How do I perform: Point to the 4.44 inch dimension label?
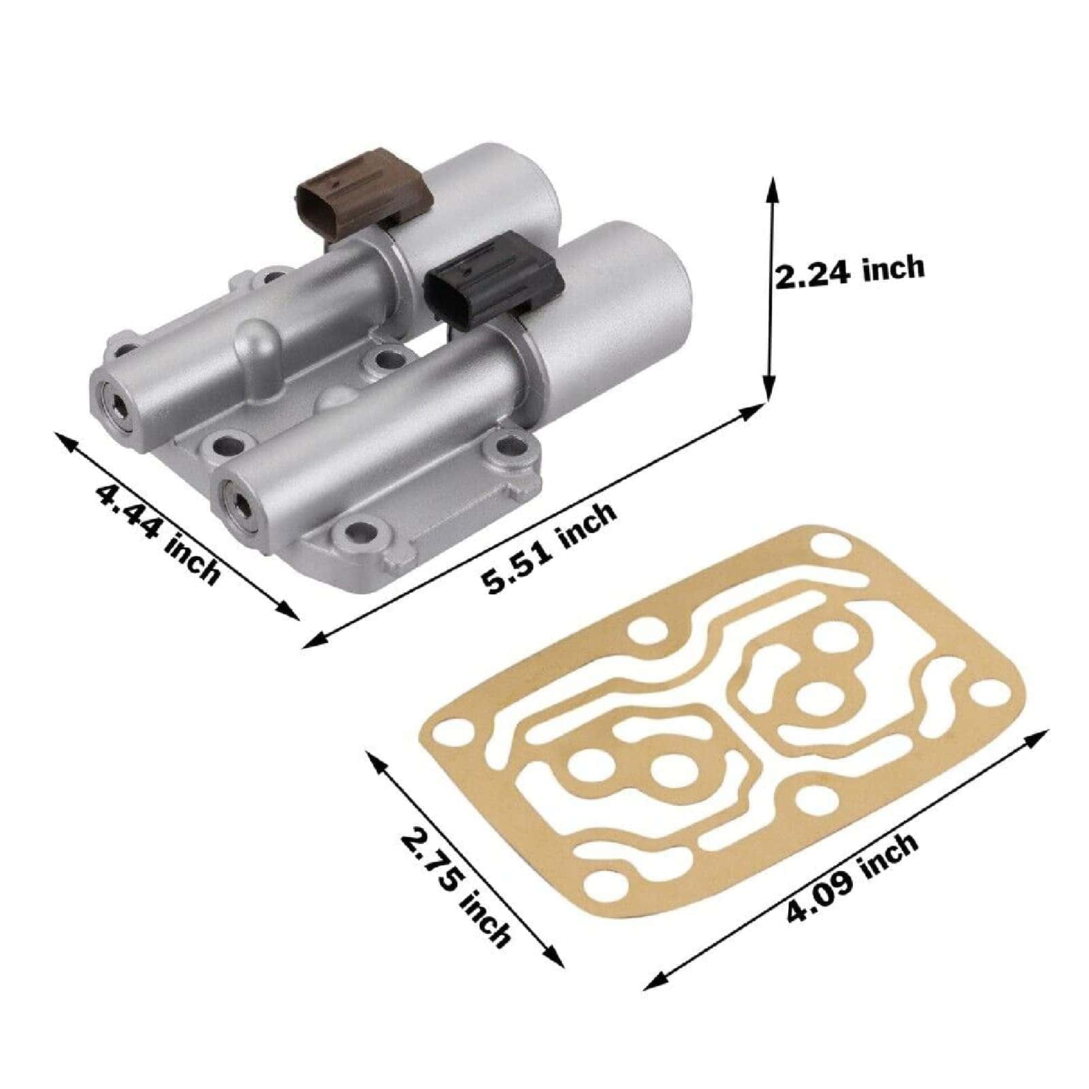pos(159,532)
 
